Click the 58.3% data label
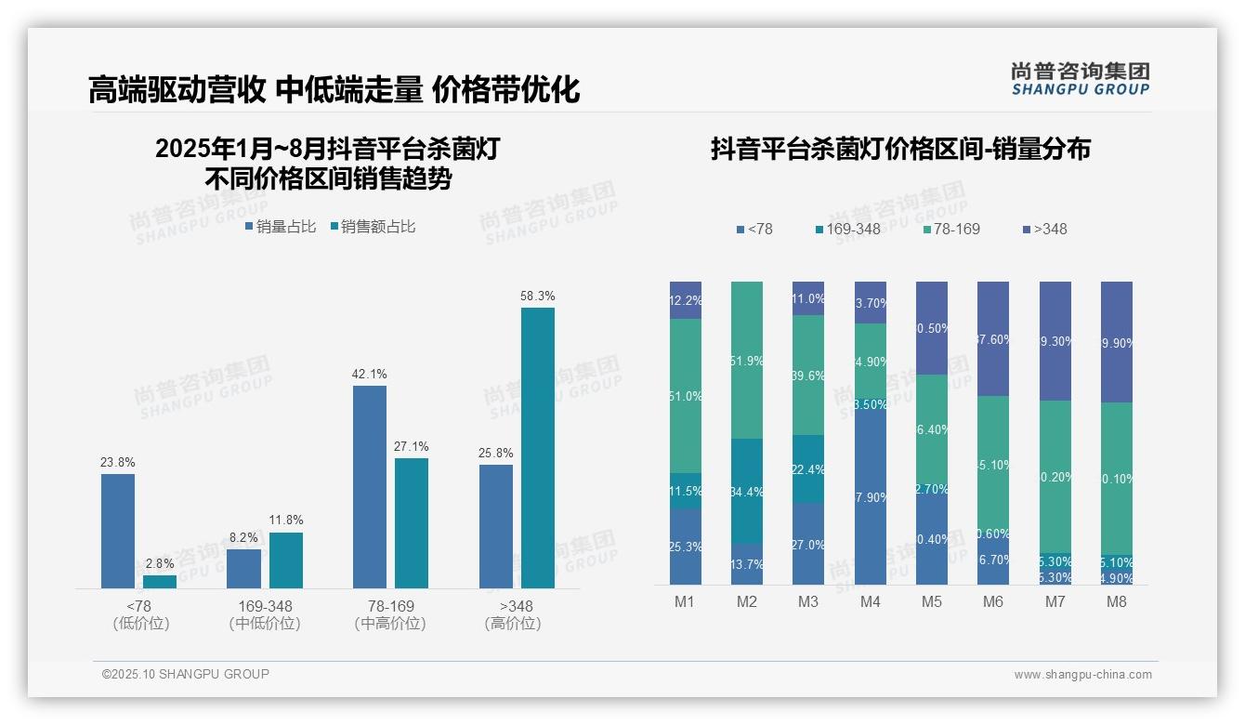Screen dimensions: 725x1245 coord(537,297)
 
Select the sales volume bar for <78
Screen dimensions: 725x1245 coord(118,531)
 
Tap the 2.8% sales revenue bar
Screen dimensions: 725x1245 coord(160,582)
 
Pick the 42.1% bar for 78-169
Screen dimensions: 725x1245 coord(370,486)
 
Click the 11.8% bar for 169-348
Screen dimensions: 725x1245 coord(286,560)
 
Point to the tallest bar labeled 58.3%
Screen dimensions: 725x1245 coord(537,447)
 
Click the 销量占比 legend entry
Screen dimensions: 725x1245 coord(281,227)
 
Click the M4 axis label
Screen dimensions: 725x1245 coord(870,602)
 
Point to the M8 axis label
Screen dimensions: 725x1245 coord(1116,602)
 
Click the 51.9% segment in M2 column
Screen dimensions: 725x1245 coord(747,360)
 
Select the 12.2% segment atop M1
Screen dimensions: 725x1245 coord(686,300)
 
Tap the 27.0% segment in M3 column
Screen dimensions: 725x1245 coord(808,545)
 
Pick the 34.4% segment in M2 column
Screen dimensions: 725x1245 coord(747,491)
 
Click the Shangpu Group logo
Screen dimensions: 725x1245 coord(1080,78)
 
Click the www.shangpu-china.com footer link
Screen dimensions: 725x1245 coord(1082,675)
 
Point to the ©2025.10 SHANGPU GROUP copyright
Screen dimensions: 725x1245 coord(186,675)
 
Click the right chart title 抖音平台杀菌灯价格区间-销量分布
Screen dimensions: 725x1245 coord(900,149)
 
